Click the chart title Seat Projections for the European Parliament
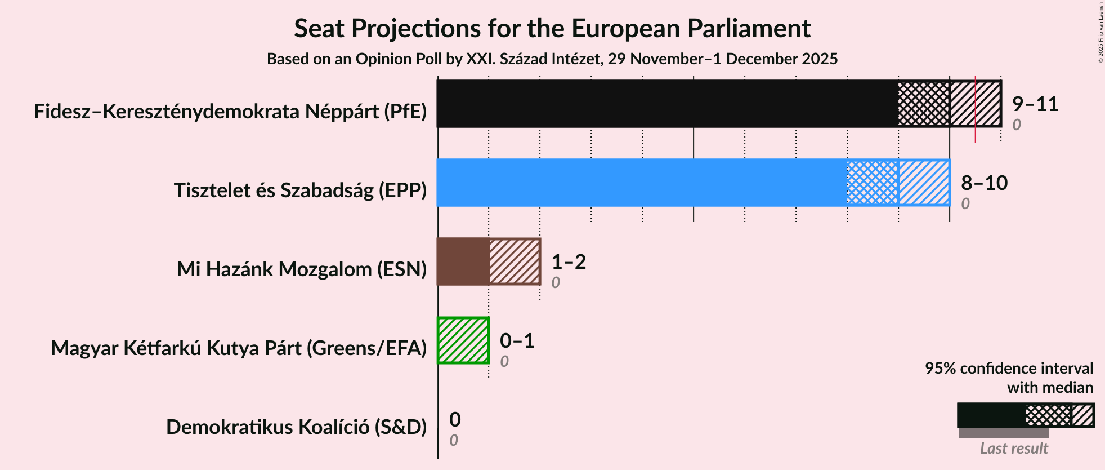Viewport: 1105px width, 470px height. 552,28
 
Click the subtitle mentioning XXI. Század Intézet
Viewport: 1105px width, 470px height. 552,59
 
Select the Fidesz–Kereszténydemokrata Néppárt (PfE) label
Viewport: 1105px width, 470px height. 230,111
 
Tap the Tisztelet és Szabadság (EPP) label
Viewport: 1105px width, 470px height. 300,190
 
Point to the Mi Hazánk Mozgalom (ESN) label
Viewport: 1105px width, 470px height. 302,269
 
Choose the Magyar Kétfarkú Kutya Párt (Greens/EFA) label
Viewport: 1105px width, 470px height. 239,348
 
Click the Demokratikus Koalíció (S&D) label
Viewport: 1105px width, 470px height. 296,427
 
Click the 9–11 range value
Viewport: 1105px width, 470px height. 1035,104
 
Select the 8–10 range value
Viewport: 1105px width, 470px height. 983,183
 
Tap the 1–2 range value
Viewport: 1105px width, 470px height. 568,261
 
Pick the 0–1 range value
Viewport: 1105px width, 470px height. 517,340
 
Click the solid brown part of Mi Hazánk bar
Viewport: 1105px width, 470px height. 463,261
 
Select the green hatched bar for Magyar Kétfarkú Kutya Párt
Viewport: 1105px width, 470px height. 463,340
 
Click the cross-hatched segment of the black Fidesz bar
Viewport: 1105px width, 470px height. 924,104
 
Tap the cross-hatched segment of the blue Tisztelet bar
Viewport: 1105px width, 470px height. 873,183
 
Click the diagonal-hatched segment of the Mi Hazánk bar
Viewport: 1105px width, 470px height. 515,261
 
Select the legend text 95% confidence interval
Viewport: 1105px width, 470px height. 1009,368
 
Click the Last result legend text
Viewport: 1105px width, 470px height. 1013,448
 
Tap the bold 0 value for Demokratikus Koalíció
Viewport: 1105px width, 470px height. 455,419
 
